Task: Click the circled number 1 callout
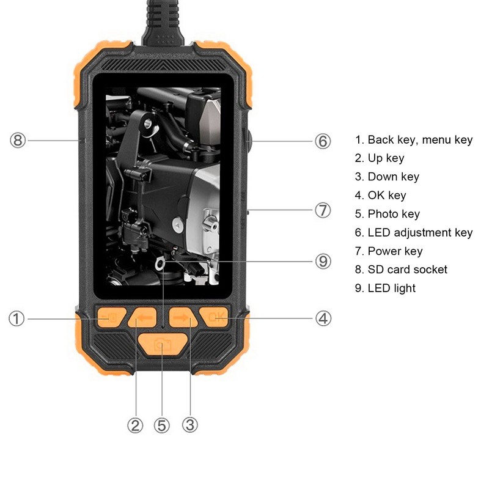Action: tap(17, 318)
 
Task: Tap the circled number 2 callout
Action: tap(135, 425)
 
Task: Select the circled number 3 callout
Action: tap(190, 425)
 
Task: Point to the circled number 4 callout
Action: tap(323, 318)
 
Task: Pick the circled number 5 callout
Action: tap(161, 425)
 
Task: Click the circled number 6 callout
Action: tap(323, 141)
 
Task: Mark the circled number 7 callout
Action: tap(323, 210)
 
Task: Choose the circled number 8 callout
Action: tap(17, 141)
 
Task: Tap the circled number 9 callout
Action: tap(323, 262)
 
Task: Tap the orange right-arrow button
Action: tap(182, 318)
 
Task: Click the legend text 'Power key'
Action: tap(395, 251)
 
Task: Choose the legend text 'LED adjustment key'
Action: tap(420, 232)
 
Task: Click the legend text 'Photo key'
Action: tap(394, 214)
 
